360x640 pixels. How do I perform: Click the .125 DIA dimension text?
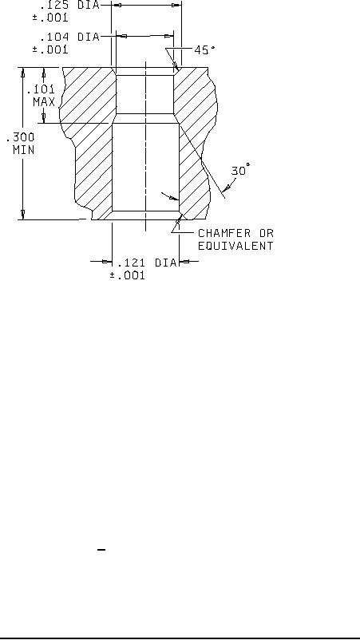pos(69,5)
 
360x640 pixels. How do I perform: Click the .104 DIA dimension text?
pos(69,37)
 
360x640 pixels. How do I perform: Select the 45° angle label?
pos(204,49)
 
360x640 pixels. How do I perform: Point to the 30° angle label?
pos(241,170)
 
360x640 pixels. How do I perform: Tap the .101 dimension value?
pos(40,89)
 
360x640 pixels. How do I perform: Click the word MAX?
pos(44,101)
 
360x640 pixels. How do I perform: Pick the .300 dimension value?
pos(21,136)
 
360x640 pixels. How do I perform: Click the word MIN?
pos(24,150)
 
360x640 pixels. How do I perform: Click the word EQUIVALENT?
pos(235,246)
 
